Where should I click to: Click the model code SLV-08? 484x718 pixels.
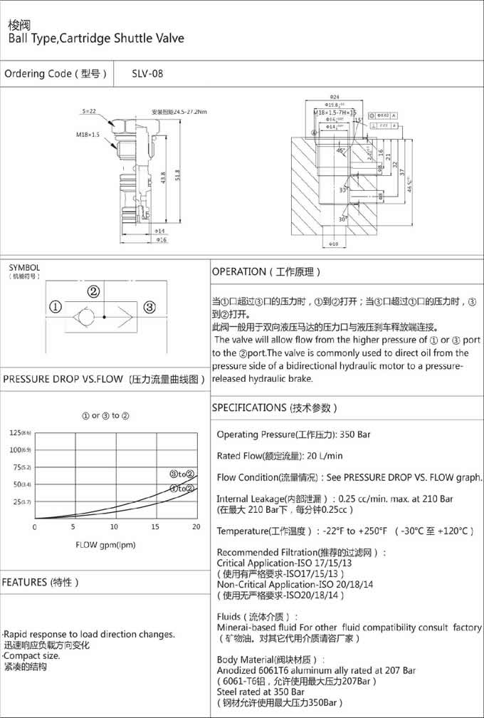click(x=147, y=73)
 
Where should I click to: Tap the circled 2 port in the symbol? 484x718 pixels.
click(x=93, y=291)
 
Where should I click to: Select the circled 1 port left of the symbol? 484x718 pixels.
click(x=54, y=308)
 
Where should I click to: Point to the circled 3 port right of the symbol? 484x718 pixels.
click(x=149, y=308)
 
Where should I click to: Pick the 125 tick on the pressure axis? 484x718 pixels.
click(x=16, y=433)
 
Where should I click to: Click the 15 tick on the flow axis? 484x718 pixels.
click(x=156, y=527)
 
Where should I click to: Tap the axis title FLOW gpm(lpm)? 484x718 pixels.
click(x=105, y=545)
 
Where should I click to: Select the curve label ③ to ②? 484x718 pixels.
click(x=181, y=474)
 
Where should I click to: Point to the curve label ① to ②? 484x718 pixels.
click(x=181, y=489)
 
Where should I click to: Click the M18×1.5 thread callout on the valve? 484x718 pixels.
click(x=88, y=133)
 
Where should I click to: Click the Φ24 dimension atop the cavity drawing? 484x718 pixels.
click(x=334, y=96)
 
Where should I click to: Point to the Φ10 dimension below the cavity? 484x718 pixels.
click(x=334, y=245)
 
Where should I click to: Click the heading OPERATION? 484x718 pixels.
click(x=238, y=271)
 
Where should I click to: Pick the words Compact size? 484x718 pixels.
click(x=33, y=655)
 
